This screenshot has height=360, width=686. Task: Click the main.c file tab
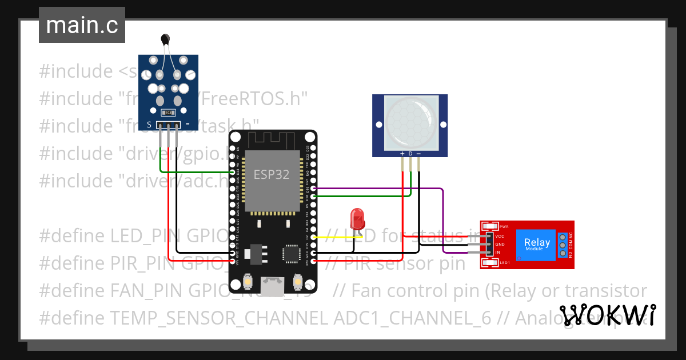tap(82, 26)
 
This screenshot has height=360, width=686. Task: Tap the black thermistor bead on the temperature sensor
tap(166, 39)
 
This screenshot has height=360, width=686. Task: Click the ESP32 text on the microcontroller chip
tap(272, 175)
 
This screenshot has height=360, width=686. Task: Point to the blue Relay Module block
tap(537, 245)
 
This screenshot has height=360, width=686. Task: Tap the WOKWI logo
tap(607, 315)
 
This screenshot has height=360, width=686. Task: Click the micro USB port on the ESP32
tap(273, 285)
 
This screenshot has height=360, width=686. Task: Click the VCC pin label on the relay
tap(500, 236)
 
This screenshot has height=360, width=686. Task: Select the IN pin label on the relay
tap(497, 252)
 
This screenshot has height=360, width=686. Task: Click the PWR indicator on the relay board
tap(504, 227)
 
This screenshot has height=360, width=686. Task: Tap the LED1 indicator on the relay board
tap(504, 263)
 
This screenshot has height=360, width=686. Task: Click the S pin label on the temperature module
tap(149, 124)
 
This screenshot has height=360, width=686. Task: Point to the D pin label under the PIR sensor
tap(410, 154)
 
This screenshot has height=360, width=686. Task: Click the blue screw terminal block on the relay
tap(563, 245)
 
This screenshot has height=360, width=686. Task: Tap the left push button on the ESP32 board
tap(248, 281)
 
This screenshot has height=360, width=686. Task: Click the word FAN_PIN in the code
tap(146, 291)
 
